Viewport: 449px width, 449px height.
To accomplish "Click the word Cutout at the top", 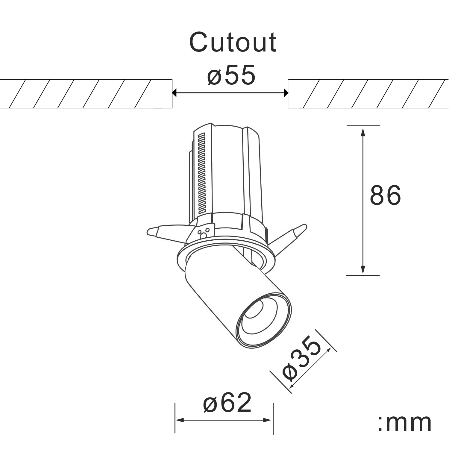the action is click(233, 42).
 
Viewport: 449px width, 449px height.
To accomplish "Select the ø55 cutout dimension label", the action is click(231, 75).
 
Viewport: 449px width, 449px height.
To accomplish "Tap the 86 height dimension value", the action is click(385, 195).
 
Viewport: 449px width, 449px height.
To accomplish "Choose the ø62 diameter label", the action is click(227, 403).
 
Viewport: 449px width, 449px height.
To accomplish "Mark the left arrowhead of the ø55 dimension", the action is click(175, 93).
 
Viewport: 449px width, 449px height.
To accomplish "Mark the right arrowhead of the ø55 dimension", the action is click(285, 93).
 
